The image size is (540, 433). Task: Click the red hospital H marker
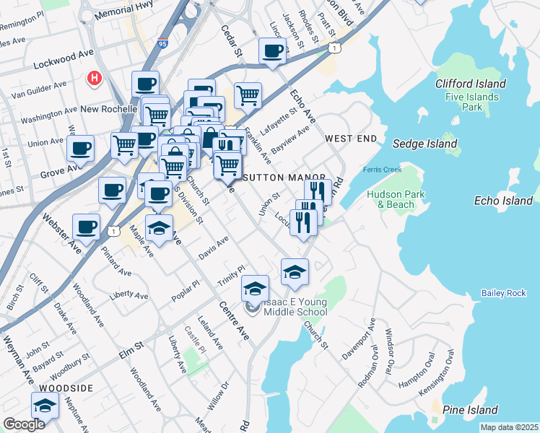tap(93, 78)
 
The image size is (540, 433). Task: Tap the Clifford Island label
tap(470, 84)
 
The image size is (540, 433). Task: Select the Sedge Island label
tap(424, 144)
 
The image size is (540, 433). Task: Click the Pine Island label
tap(470, 410)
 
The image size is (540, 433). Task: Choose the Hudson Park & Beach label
tap(391, 199)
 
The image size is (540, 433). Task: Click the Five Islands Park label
tap(471, 102)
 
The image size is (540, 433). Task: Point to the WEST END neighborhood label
tap(351, 137)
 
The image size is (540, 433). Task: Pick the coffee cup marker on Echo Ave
tap(273, 51)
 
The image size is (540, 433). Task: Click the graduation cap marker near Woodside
tap(45, 406)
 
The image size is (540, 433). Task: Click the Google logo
tap(23, 424)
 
